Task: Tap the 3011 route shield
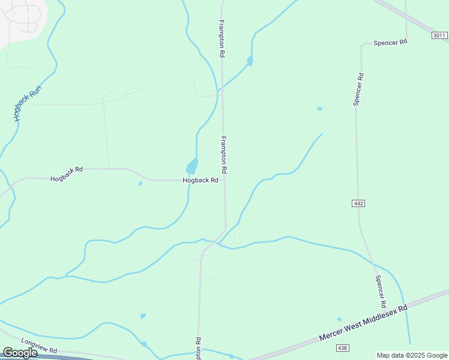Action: (x=439, y=36)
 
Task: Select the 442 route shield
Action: (x=358, y=204)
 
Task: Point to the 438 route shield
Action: (x=343, y=348)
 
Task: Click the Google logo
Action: (x=20, y=353)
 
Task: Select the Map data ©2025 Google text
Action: (x=412, y=355)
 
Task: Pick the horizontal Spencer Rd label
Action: (x=390, y=42)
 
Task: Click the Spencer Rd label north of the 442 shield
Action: (x=358, y=90)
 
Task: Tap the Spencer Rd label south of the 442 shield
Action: (x=380, y=291)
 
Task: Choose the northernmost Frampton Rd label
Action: (x=221, y=38)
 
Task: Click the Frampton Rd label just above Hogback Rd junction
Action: (x=223, y=155)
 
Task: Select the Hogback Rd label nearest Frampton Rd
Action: (x=200, y=180)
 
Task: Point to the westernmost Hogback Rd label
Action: (x=67, y=179)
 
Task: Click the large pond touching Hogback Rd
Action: (x=191, y=166)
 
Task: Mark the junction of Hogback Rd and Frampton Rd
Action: (x=224, y=179)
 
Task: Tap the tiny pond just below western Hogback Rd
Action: (x=140, y=184)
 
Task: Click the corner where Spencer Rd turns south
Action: (x=362, y=44)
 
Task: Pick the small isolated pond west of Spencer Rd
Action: (x=319, y=109)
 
